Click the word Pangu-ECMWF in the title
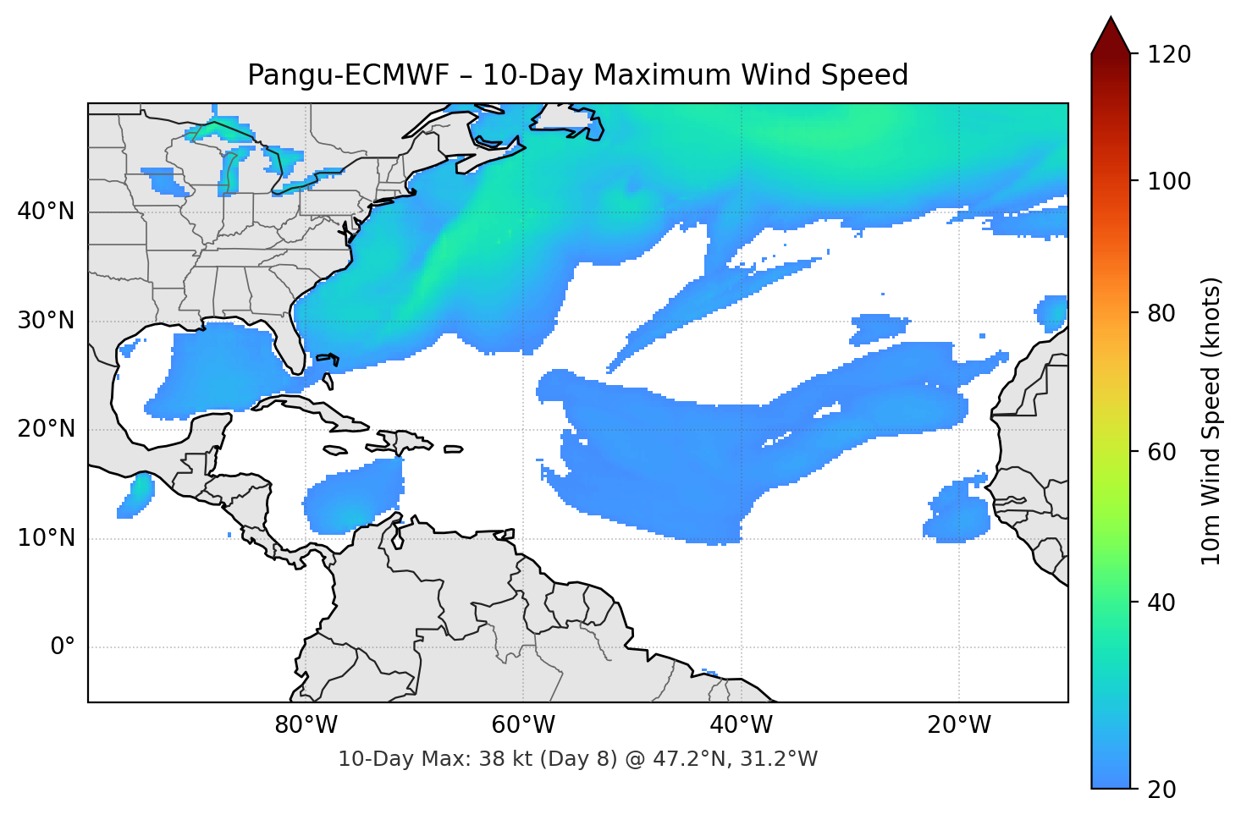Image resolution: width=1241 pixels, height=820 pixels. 347,75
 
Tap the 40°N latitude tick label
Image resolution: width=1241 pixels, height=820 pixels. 46,212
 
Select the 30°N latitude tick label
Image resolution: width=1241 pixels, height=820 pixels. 46,321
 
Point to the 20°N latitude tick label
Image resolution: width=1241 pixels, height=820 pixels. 46,429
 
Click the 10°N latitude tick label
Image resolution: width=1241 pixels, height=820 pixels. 46,538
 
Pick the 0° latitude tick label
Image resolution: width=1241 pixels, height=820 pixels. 63,647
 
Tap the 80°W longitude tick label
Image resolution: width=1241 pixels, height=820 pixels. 306,725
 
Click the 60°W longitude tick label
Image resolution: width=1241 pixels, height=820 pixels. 523,725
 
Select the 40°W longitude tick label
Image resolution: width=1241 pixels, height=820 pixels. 741,725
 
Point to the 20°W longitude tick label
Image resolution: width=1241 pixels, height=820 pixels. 958,725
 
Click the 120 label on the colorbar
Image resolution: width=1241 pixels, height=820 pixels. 1169,55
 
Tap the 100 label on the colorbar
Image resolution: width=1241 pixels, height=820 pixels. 1169,181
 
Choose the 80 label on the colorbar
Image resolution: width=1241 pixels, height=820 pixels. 1161,313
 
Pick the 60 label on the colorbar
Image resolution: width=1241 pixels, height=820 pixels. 1161,452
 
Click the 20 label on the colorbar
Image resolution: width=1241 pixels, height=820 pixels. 1161,790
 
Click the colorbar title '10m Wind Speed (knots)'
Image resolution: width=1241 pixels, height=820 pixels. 1211,421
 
